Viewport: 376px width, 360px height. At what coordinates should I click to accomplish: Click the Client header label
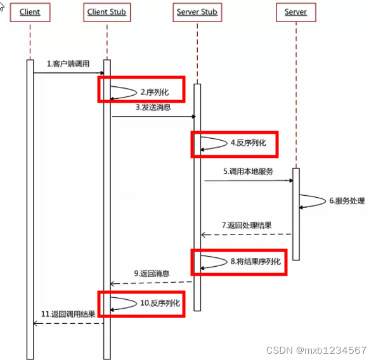click(x=30, y=12)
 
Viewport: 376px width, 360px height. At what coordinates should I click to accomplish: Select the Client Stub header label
click(x=107, y=12)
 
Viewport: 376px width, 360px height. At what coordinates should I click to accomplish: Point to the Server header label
click(x=295, y=12)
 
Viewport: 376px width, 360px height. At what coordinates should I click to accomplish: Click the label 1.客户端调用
click(x=68, y=64)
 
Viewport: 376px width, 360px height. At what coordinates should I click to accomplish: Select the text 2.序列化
click(x=155, y=92)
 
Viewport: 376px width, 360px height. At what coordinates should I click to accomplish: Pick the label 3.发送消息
click(x=153, y=108)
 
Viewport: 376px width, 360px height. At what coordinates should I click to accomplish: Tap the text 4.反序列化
click(x=248, y=143)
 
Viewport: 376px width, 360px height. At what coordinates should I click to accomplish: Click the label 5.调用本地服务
click(x=248, y=171)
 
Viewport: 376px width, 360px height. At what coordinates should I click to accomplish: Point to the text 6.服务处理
click(x=346, y=201)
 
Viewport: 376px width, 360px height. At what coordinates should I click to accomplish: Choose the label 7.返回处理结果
click(x=247, y=225)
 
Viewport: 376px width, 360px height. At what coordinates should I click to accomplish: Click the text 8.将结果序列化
click(x=256, y=260)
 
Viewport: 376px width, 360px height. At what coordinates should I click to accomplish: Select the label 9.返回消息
click(x=152, y=273)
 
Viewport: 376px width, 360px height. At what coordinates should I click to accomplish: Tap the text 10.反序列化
click(x=160, y=303)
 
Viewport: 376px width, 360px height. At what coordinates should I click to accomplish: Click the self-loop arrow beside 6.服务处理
click(x=311, y=201)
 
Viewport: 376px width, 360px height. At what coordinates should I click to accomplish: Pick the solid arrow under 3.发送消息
click(x=153, y=116)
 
